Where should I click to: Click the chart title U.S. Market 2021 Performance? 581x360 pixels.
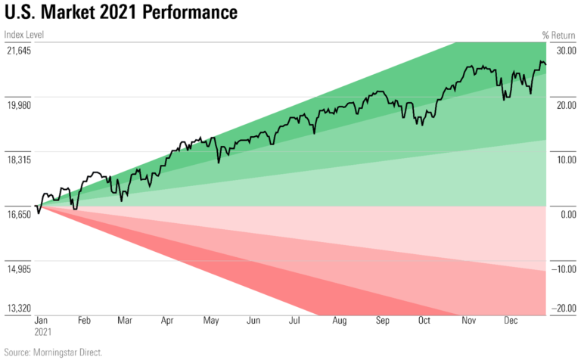(120, 13)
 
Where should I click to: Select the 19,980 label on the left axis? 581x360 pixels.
(19, 105)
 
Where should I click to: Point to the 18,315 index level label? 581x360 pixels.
(19, 160)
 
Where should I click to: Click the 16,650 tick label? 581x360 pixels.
(19, 215)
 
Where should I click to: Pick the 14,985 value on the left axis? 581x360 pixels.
(19, 269)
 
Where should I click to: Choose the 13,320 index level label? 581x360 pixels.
(19, 308)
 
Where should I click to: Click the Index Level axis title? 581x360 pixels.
(23, 35)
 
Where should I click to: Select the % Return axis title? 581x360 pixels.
(559, 35)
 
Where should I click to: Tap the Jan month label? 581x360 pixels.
(43, 321)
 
